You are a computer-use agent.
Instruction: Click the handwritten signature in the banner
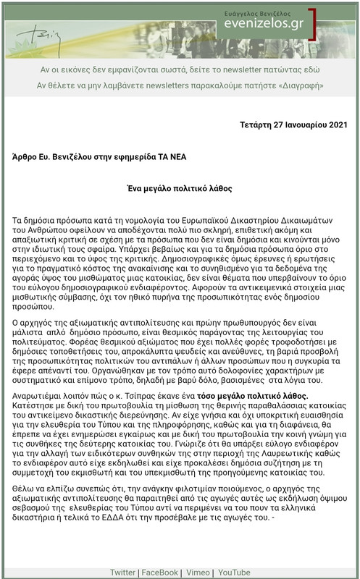point(40,32)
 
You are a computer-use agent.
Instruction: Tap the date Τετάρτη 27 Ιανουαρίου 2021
point(294,125)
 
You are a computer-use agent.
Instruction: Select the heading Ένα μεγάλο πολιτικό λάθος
point(180,187)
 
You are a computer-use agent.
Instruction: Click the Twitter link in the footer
point(123,572)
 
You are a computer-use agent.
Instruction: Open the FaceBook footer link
point(159,572)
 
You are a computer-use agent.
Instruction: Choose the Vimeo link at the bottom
point(197,572)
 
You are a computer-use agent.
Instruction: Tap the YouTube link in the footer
point(234,572)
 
